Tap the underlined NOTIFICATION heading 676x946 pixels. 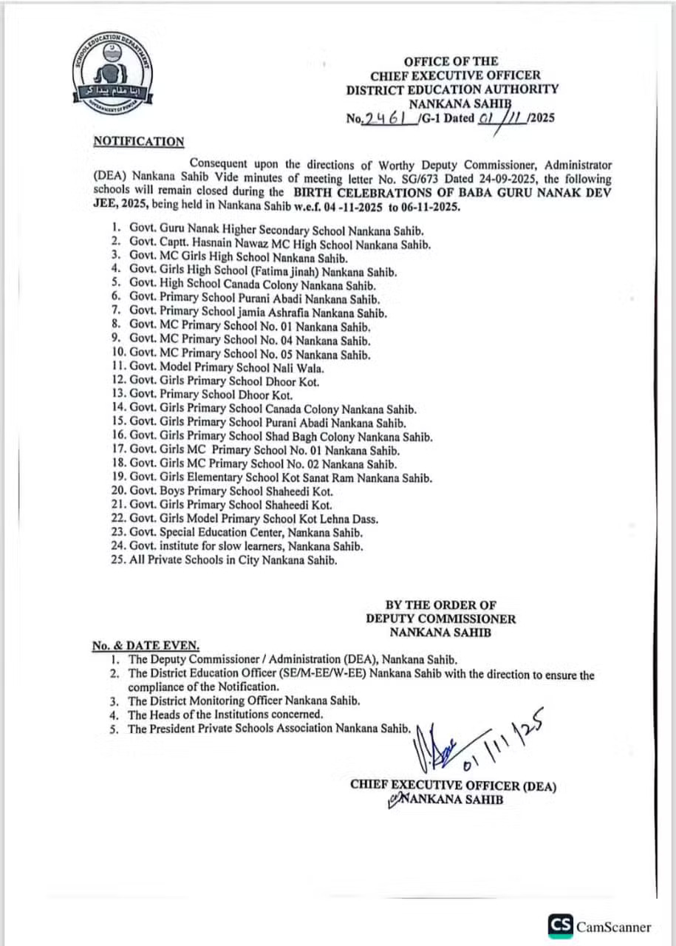click(x=139, y=141)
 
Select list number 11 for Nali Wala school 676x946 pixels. click(x=117, y=367)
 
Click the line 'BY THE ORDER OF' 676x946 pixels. click(x=440, y=605)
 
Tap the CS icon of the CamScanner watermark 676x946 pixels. click(x=561, y=925)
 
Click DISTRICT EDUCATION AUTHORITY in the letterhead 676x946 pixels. click(x=453, y=89)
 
